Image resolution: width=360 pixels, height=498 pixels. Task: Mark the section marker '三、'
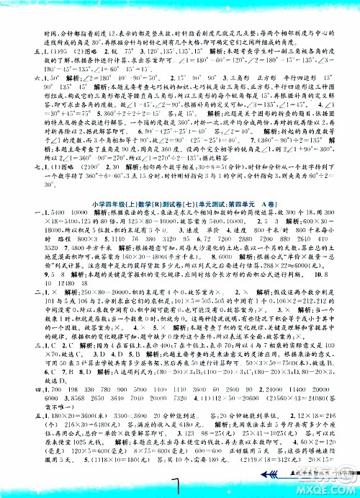[x=9, y=366]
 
